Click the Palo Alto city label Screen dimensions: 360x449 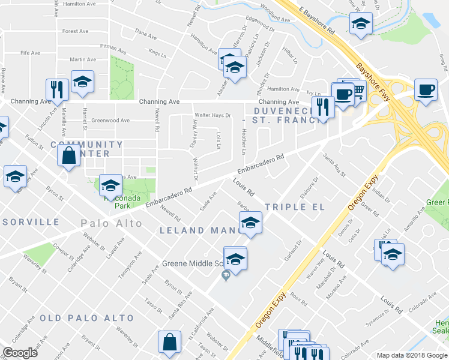coord(112,224)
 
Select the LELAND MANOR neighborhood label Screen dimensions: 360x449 coord(199,230)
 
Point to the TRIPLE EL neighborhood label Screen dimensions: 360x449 coord(294,207)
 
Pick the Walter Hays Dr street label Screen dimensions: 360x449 coord(212,115)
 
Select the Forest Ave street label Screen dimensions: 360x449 coord(75,31)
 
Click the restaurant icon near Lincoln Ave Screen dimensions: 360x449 coord(55,89)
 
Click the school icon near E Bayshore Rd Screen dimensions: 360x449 coord(360,24)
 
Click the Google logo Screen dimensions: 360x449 coord(20,353)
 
